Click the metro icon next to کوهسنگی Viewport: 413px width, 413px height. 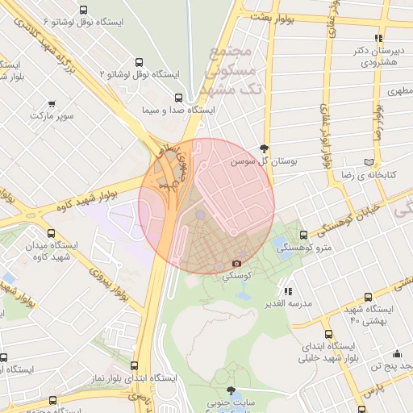click(236, 263)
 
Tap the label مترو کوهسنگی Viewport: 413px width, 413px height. click(305, 249)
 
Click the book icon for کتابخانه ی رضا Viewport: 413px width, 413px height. click(369, 161)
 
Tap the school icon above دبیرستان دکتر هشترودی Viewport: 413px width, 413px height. click(378, 37)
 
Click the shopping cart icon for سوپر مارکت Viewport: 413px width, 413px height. click(52, 104)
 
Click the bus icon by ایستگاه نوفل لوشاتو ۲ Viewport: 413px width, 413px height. click(140, 61)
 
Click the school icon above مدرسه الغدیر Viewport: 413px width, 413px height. click(288, 291)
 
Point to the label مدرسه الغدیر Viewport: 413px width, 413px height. click(288, 304)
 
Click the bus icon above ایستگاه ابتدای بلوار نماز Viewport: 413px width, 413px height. click(134, 365)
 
